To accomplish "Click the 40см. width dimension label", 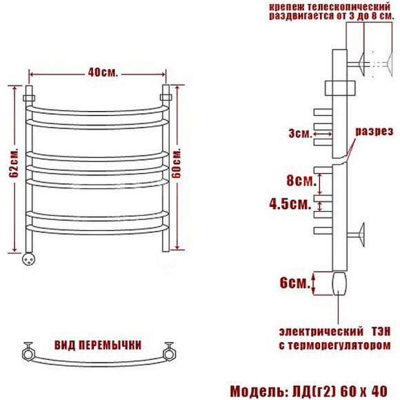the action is tap(103, 73).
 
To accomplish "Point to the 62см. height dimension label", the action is tap(14, 162).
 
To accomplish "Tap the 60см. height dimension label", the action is tap(177, 163).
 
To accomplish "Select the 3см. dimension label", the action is tap(300, 133).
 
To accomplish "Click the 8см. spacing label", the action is tap(301, 181).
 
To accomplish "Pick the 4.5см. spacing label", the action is tap(290, 204).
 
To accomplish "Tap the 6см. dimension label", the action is tap(294, 283).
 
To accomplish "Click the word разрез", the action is tap(374, 131).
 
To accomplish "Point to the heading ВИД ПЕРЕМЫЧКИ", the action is tap(98, 346).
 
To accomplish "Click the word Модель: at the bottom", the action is tap(259, 391).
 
